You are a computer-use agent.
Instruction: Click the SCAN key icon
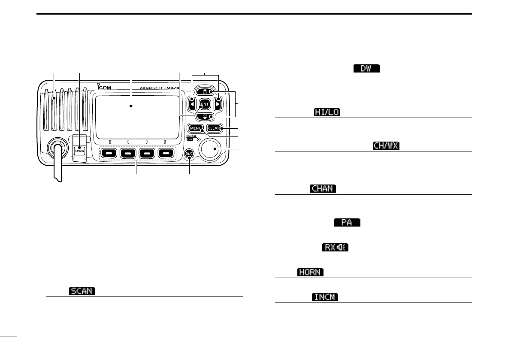click(x=82, y=291)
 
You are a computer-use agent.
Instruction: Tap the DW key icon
click(x=366, y=69)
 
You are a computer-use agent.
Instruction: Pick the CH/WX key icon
click(x=386, y=146)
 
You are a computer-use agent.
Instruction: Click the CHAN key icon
click(x=322, y=189)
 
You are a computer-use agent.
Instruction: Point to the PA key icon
click(x=347, y=222)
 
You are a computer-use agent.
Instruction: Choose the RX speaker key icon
click(x=335, y=248)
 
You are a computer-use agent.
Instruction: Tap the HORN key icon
click(x=310, y=272)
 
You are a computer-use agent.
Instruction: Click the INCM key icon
click(x=322, y=297)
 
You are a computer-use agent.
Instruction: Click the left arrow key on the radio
click(x=192, y=103)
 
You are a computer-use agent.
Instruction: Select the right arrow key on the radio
click(x=218, y=103)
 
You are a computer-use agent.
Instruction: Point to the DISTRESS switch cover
click(x=79, y=148)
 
